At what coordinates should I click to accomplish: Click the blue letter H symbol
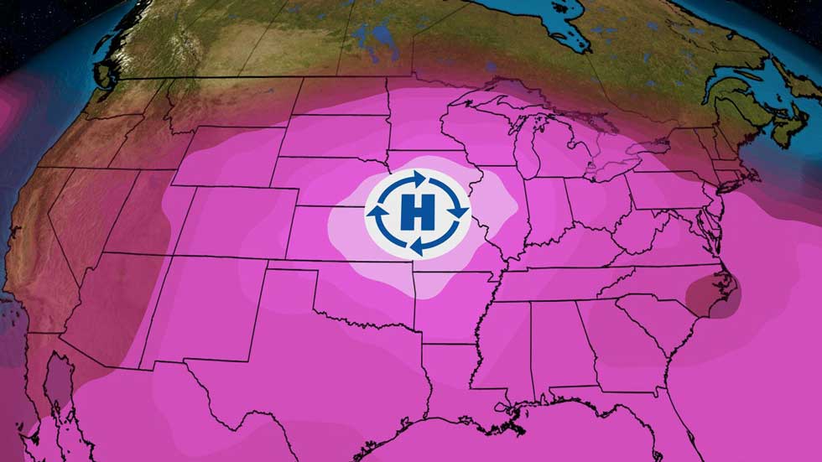[x=416, y=213]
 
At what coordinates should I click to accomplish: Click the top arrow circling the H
[x=416, y=178]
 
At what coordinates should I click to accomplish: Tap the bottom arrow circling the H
[x=416, y=247]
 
